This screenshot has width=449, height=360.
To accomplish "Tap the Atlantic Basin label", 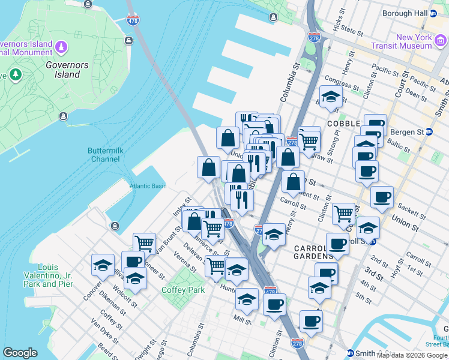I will (x=148, y=186).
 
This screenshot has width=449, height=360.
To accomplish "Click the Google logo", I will (x=20, y=353).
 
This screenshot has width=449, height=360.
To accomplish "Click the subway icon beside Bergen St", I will (x=429, y=132).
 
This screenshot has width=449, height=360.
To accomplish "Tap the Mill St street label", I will (x=243, y=322).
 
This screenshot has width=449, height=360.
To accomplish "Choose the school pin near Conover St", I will (x=103, y=264).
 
